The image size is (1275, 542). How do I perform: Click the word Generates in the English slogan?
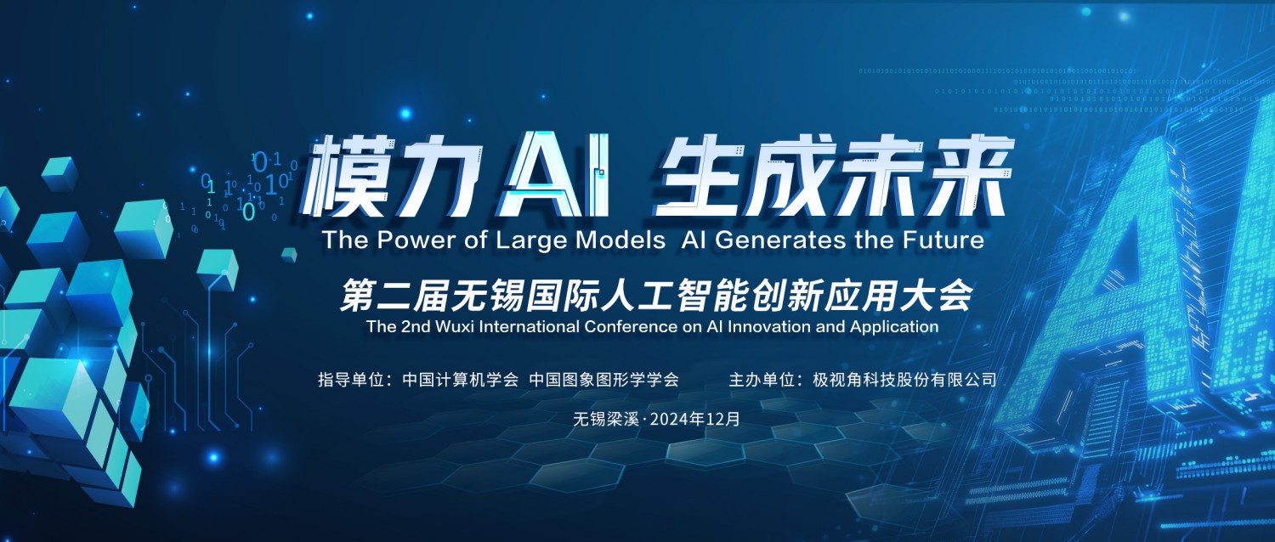pyautogui.click(x=780, y=240)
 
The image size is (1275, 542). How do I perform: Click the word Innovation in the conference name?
pyautogui.click(x=769, y=326)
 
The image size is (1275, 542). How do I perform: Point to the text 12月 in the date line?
pyautogui.click(x=722, y=419)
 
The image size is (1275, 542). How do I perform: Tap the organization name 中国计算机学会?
pyautogui.click(x=461, y=380)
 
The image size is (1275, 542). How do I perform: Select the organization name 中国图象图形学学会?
pyautogui.click(x=603, y=380)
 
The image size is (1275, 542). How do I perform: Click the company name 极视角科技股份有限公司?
pyautogui.click(x=904, y=380)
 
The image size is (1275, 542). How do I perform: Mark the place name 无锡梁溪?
pyautogui.click(x=605, y=419)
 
